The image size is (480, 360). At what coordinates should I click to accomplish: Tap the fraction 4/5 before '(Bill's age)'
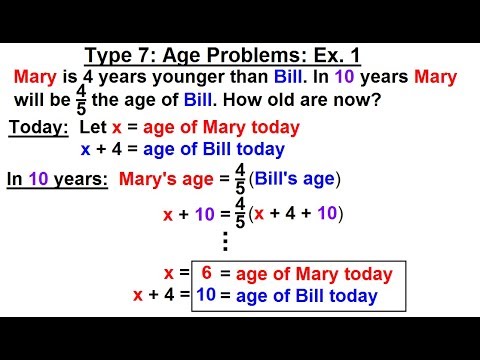[x=240, y=180]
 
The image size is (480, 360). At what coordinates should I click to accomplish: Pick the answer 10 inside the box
[x=205, y=295]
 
